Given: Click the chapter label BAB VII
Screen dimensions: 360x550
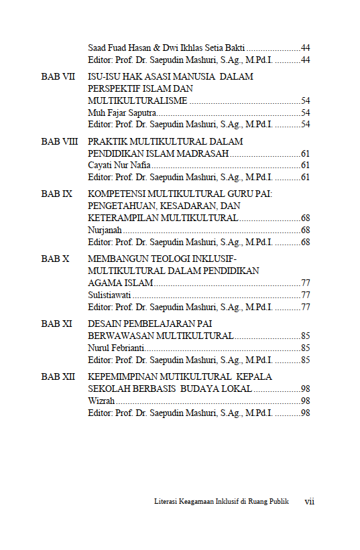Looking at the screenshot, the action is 58,77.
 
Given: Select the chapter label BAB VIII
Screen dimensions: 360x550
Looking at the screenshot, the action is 60,142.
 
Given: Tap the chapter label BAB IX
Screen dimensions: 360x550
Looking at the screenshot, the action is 57,194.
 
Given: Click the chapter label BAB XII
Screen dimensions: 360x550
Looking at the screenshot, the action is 58,377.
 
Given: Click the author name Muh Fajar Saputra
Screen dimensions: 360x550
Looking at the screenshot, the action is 118,113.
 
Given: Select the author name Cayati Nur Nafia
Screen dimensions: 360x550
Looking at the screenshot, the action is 119,165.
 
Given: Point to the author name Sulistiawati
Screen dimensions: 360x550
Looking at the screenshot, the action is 109,295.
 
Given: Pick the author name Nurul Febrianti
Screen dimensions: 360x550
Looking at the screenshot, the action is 116,348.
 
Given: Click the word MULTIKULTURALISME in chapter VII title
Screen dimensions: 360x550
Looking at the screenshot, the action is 138,100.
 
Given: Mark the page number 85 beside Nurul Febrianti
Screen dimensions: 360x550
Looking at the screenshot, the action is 305,348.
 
